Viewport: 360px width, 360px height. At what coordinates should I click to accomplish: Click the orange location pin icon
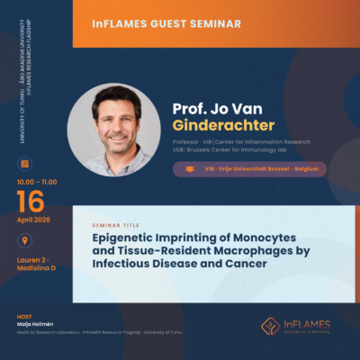24,240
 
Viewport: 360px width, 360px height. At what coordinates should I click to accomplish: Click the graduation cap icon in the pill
188,168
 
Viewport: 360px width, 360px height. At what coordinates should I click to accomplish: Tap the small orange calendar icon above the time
24,163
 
